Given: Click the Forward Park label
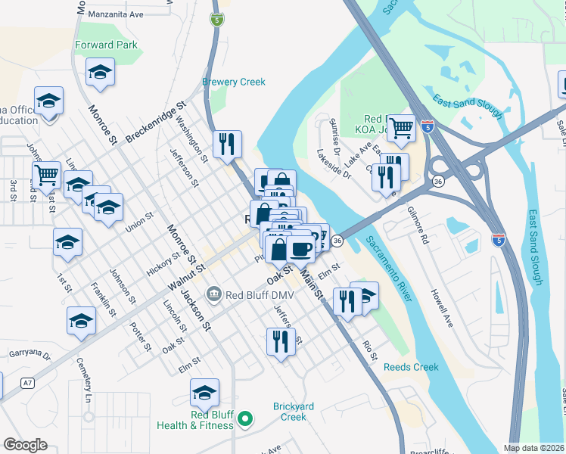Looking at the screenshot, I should (107, 45).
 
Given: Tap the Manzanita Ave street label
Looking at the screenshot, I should (115, 14).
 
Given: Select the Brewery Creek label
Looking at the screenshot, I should (234, 82).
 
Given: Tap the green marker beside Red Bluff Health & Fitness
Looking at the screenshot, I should (244, 418).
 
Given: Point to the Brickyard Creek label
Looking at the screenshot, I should (293, 412).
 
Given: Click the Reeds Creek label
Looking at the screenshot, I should (411, 367).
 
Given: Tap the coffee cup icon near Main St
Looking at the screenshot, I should (301, 247).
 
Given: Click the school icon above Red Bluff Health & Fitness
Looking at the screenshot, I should (204, 393).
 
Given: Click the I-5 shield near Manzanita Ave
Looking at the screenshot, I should (217, 20).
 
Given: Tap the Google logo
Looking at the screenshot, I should (25, 445).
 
